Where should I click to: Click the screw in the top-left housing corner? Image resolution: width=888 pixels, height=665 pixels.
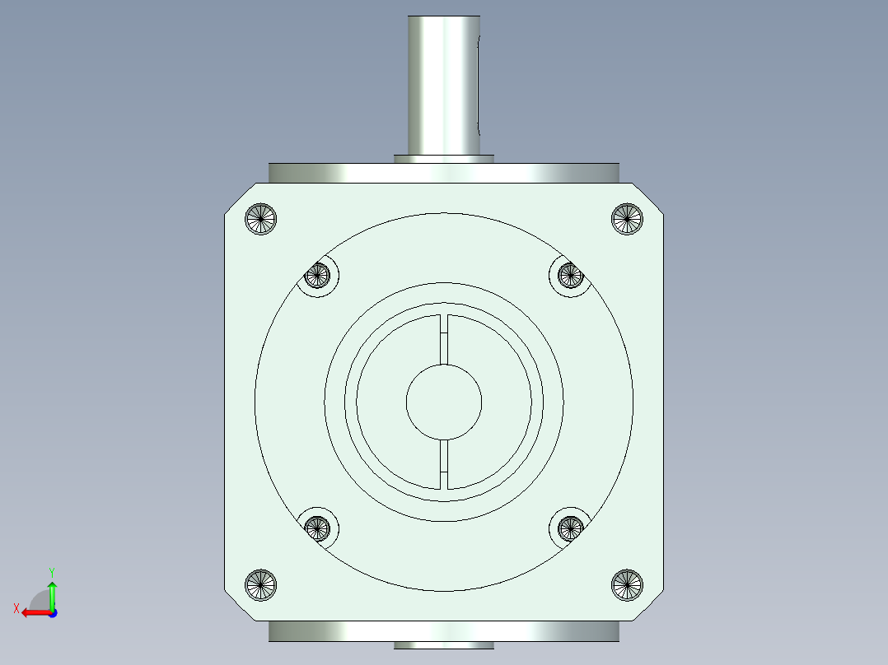pyautogui.click(x=260, y=218)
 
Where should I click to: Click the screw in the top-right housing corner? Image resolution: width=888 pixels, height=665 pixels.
pyautogui.click(x=627, y=218)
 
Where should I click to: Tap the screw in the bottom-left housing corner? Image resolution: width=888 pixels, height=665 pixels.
pyautogui.click(x=260, y=584)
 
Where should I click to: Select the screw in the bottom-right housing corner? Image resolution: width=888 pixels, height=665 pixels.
pyautogui.click(x=627, y=584)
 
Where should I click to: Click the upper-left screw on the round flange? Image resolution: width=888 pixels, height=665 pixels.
pyautogui.click(x=317, y=276)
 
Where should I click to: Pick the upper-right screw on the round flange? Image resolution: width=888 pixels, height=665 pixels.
pyautogui.click(x=570, y=276)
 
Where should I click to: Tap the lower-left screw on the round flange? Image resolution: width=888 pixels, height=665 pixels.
pyautogui.click(x=317, y=528)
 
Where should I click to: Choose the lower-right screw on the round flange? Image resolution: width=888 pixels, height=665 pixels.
pyautogui.click(x=570, y=528)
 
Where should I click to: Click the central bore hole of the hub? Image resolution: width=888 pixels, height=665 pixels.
pyautogui.click(x=444, y=402)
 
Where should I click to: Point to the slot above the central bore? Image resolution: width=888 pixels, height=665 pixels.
pyautogui.click(x=444, y=340)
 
